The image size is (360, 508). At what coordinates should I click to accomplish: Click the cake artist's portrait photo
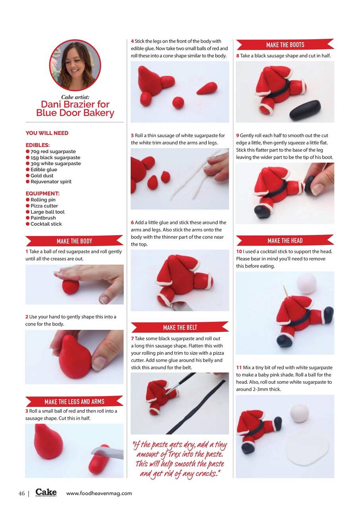click(x=75, y=65)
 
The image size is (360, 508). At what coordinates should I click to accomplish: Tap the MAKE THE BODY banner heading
click(x=74, y=241)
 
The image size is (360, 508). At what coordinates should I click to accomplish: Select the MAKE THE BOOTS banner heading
click(x=285, y=45)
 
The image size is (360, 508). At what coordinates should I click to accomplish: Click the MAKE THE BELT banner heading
click(x=180, y=327)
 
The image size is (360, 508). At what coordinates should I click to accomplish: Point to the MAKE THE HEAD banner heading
click(x=285, y=241)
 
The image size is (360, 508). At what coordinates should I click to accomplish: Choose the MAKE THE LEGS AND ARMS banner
click(x=74, y=402)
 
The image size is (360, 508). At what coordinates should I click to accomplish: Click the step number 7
click(x=132, y=339)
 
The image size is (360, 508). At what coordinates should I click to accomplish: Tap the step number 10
click(x=239, y=252)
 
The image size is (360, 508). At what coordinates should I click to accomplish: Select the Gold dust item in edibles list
click(x=42, y=175)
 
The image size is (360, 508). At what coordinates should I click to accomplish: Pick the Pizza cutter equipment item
click(x=44, y=206)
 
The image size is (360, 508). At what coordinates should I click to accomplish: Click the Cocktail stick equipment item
click(x=46, y=224)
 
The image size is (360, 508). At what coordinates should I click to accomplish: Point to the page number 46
click(x=22, y=494)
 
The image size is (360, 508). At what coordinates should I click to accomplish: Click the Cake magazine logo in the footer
click(x=46, y=493)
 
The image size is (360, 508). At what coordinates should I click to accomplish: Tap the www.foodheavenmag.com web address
click(x=99, y=494)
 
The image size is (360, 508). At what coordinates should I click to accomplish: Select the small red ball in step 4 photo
click(x=178, y=103)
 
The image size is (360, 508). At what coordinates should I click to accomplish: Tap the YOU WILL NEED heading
click(x=47, y=133)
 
